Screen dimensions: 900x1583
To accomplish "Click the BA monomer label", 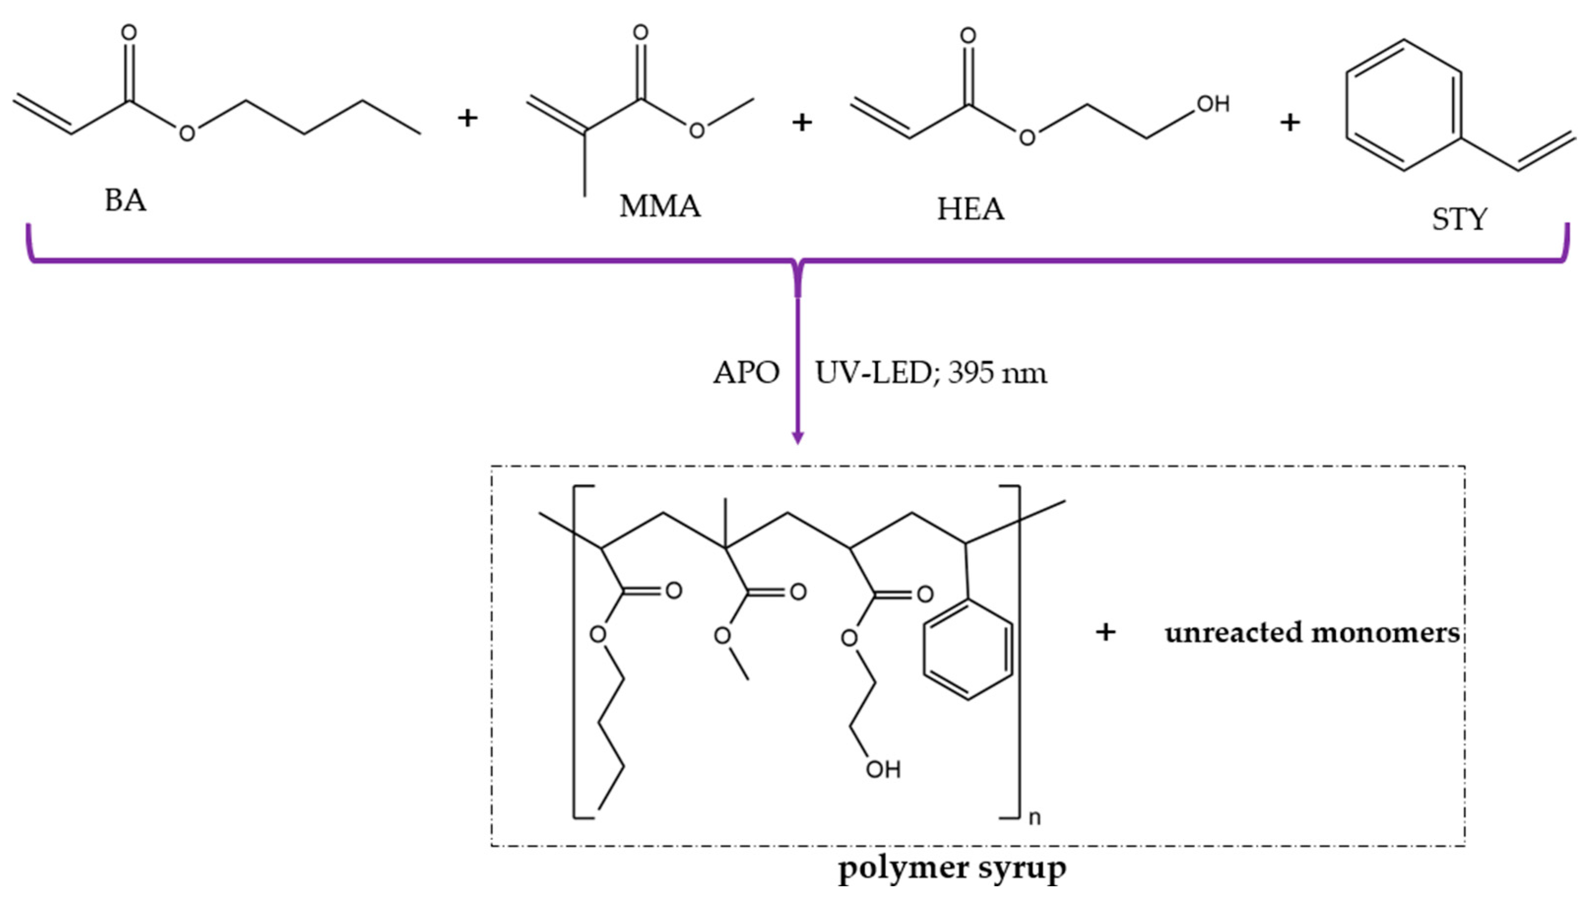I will click(x=126, y=201).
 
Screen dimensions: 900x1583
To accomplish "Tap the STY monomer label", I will click(x=1459, y=219).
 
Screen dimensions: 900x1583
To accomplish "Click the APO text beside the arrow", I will click(x=746, y=372).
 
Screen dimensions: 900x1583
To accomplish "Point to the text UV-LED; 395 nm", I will click(x=931, y=372).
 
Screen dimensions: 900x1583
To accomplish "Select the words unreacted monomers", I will click(x=1312, y=632).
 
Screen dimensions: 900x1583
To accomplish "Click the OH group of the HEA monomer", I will click(x=1213, y=104).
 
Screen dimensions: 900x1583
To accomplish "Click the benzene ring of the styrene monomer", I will click(x=1403, y=105).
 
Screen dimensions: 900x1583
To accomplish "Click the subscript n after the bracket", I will click(x=1035, y=818).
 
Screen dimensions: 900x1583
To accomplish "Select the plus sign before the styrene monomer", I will click(x=1290, y=123).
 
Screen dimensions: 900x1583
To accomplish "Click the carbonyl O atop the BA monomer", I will click(x=128, y=32).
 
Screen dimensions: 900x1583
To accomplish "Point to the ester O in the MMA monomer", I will click(x=697, y=130).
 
